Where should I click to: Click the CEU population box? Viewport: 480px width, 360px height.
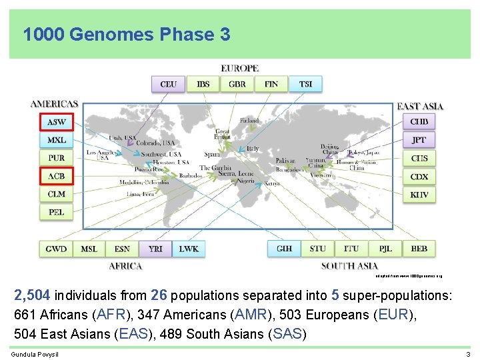click(x=169, y=84)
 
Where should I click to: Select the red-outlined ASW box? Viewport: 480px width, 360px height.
click(x=57, y=122)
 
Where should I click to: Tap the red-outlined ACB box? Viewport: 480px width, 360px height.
click(x=57, y=177)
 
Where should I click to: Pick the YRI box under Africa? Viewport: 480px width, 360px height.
click(x=155, y=249)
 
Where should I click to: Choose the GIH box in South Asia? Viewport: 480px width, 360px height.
click(x=284, y=249)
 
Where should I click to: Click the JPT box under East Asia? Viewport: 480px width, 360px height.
click(x=419, y=140)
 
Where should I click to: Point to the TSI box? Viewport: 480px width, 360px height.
click(x=305, y=84)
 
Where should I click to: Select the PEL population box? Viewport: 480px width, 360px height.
click(x=57, y=213)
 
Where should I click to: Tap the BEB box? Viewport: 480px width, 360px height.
click(x=419, y=249)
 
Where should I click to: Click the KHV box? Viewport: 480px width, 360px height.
click(x=419, y=195)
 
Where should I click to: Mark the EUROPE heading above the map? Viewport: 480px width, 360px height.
click(x=239, y=69)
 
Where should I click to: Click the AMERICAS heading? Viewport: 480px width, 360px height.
click(x=54, y=104)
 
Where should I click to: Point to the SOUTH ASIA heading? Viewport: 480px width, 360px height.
click(x=349, y=266)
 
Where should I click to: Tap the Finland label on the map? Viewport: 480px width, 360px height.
click(x=249, y=121)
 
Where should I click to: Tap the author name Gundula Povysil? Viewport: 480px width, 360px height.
click(x=35, y=353)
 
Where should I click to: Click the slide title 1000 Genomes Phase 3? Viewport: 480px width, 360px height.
click(x=127, y=33)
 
